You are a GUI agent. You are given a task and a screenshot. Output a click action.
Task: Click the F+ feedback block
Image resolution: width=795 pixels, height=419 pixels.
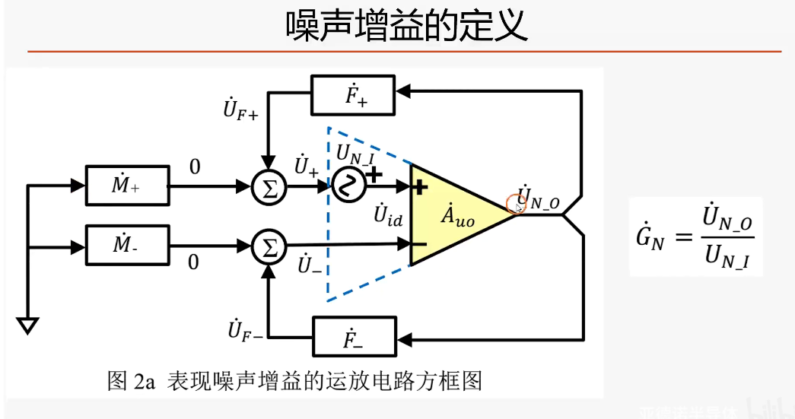[353, 94]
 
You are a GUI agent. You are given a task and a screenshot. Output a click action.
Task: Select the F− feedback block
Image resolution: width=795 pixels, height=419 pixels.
[353, 337]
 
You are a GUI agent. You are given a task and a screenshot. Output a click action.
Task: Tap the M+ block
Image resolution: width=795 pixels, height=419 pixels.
[126, 184]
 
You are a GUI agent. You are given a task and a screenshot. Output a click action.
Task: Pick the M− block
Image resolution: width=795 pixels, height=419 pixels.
[126, 245]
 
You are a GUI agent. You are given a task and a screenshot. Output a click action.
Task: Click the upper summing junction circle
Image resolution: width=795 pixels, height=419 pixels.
[267, 185]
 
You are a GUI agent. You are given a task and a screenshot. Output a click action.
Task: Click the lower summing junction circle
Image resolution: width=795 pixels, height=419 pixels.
[267, 246]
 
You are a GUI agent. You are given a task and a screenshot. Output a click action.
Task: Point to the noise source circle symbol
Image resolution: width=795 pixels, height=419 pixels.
[347, 185]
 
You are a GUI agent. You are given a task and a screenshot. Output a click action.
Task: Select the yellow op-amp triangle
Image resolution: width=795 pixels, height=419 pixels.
[453, 215]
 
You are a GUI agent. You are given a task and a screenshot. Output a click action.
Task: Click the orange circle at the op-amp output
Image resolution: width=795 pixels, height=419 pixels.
[517, 204]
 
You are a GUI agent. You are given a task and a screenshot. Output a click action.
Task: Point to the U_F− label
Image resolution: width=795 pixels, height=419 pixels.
[243, 331]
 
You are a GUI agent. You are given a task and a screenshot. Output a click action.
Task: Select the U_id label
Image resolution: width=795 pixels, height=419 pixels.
[388, 216]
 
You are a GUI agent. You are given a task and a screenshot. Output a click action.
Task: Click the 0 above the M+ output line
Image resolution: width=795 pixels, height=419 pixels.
[195, 167]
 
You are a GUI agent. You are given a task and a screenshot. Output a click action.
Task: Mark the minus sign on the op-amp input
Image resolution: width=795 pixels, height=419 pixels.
[419, 244]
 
